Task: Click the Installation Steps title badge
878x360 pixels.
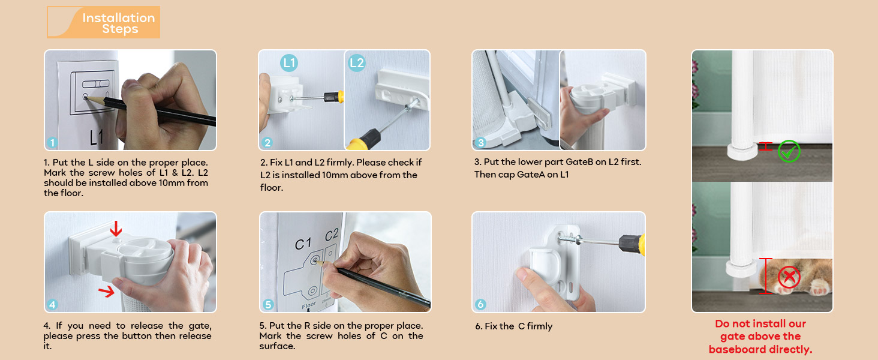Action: click(x=104, y=23)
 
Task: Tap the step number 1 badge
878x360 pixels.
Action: click(x=53, y=143)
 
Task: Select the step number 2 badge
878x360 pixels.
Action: click(x=267, y=143)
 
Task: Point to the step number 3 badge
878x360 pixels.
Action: click(x=480, y=143)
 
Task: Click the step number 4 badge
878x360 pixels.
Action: click(x=53, y=305)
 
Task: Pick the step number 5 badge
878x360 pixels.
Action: click(x=267, y=305)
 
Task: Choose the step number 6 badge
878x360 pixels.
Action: click(x=480, y=305)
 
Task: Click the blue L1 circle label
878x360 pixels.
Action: click(x=289, y=62)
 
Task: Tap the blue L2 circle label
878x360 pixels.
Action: click(x=357, y=62)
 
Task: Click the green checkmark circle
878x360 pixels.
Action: click(x=789, y=151)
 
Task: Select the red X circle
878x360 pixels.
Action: click(x=789, y=277)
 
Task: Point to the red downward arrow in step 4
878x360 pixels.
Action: click(x=116, y=229)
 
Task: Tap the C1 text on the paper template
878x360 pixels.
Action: click(x=303, y=244)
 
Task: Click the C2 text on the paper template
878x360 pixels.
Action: click(x=332, y=236)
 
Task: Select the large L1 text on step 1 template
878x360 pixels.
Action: click(x=97, y=138)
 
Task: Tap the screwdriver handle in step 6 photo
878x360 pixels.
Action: click(x=632, y=244)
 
